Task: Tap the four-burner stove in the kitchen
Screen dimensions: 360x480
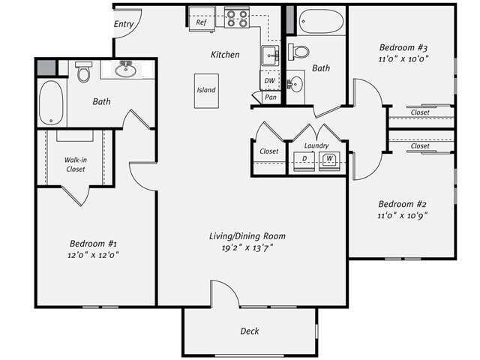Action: pyautogui.click(x=237, y=17)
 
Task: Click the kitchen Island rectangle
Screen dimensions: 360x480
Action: pyautogui.click(x=206, y=90)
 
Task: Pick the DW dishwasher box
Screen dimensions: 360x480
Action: pyautogui.click(x=269, y=80)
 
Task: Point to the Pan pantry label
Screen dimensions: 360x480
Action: pyautogui.click(x=270, y=97)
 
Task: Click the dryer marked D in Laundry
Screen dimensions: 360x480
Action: pyautogui.click(x=304, y=160)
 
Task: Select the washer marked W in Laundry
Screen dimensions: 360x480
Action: pyautogui.click(x=328, y=160)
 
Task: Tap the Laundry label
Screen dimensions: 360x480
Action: pyautogui.click(x=316, y=146)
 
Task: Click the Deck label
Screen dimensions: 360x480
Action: pyautogui.click(x=250, y=331)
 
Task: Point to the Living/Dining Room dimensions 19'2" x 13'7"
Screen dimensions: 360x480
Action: pyautogui.click(x=247, y=247)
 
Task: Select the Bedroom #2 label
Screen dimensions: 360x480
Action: pyautogui.click(x=402, y=204)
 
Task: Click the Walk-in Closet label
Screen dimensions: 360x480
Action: pyautogui.click(x=75, y=163)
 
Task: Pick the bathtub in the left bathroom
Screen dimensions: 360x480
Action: pyautogui.click(x=51, y=102)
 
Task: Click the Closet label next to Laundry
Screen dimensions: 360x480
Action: pyautogui.click(x=268, y=151)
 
